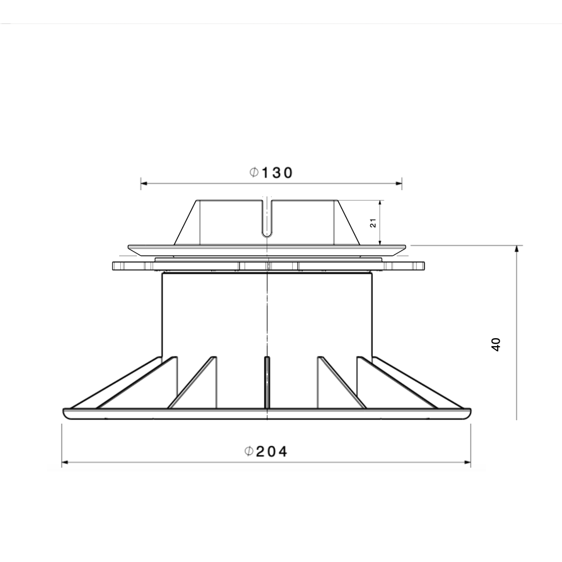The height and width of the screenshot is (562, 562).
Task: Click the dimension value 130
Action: [x=277, y=173]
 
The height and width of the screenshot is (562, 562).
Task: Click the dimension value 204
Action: [x=272, y=451]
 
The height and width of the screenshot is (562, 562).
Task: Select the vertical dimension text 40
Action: [x=496, y=345]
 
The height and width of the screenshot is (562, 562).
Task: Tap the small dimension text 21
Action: [x=373, y=223]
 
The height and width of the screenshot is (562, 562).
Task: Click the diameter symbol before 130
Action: [x=254, y=173]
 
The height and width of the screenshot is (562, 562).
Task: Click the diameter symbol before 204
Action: [x=249, y=451]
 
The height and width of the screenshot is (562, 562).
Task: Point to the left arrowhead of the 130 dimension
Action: [x=144, y=184]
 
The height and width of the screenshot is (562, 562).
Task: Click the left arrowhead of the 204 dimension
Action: [x=65, y=462]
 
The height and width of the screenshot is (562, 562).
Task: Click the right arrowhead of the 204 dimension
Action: [x=467, y=462]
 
